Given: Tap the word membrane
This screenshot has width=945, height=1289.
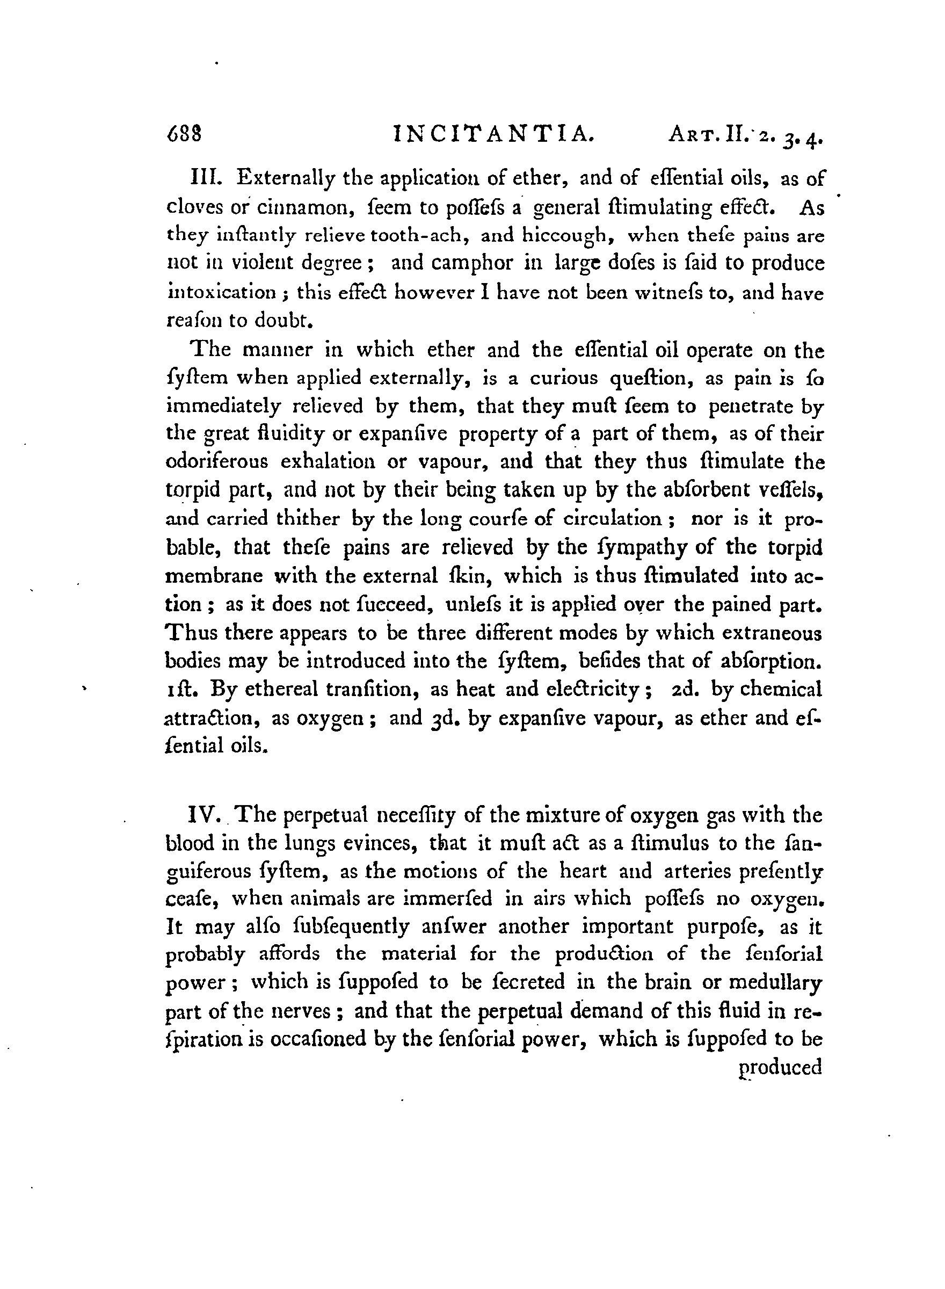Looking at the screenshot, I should tap(214, 575).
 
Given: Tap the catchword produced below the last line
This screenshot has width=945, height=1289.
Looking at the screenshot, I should tap(780, 1068).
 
